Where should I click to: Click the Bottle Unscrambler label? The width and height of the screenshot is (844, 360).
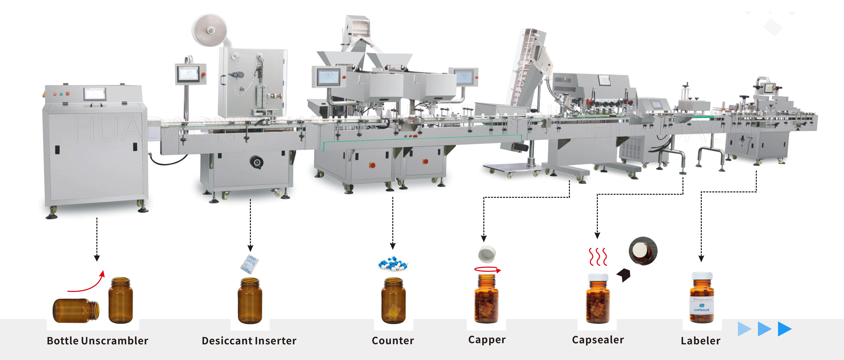[97, 341]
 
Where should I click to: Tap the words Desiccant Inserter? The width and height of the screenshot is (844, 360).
[249, 341]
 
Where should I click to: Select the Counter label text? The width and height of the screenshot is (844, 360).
[393, 341]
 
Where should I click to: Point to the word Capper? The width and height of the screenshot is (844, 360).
[487, 340]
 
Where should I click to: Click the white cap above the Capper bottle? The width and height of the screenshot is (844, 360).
[487, 254]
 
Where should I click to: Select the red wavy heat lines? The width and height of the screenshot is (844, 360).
[598, 256]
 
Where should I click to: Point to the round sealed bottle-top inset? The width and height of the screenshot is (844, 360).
[643, 251]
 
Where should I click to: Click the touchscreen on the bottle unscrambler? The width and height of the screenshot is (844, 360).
[95, 94]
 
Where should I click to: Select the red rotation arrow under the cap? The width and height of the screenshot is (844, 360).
[488, 270]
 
